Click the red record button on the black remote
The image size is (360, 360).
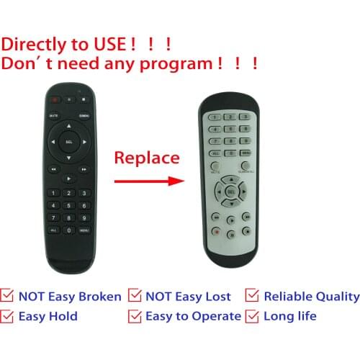[53, 99]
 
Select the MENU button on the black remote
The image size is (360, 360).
[84, 230]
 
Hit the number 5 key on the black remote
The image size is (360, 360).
[69, 205]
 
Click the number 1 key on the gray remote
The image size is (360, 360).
[214, 117]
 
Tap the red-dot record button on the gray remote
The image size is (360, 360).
[215, 233]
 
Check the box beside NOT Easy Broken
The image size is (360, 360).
[9, 296]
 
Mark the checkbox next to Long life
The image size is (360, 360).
[252, 316]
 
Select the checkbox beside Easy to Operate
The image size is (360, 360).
[135, 316]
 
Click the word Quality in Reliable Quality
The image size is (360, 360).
[336, 296]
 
